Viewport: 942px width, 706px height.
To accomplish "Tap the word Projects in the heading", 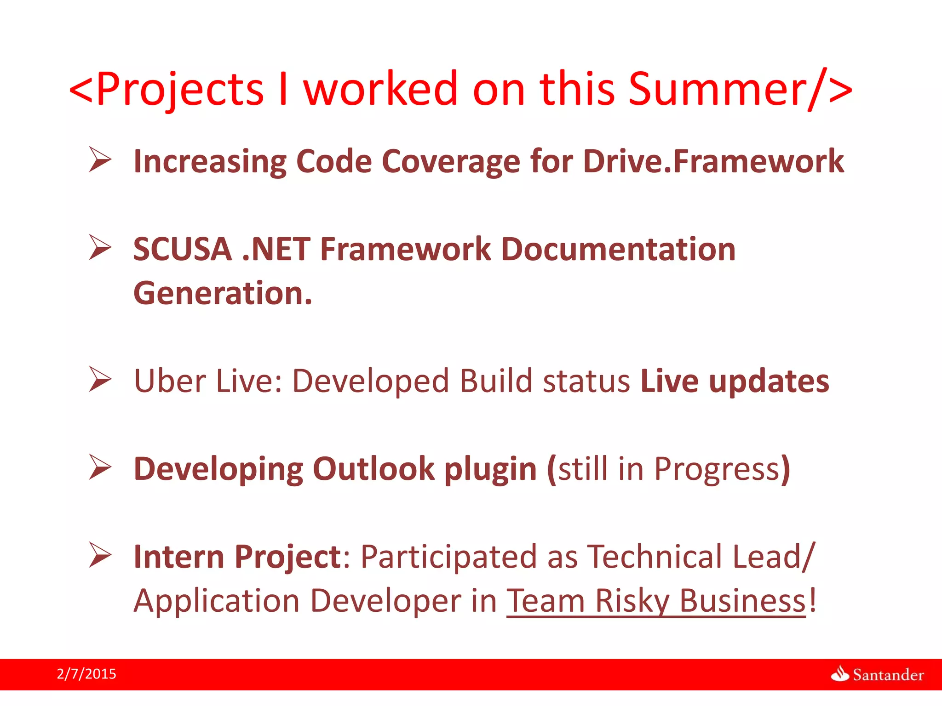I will pyautogui.click(x=180, y=90).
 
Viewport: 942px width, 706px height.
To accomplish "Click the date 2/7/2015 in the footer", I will pyautogui.click(x=86, y=674).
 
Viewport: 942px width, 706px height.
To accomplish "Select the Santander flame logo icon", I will pyautogui.click(x=840, y=674).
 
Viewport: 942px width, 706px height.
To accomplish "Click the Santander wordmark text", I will pyautogui.click(x=888, y=675).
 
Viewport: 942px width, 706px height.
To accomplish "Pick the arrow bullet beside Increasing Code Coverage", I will pyautogui.click(x=100, y=159).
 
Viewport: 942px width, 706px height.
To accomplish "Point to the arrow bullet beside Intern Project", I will pyautogui.click(x=100, y=555).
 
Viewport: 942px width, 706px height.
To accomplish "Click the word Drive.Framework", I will pyautogui.click(x=713, y=161).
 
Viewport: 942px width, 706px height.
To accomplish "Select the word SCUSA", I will pyautogui.click(x=182, y=249).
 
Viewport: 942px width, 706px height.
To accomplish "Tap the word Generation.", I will pyautogui.click(x=223, y=293).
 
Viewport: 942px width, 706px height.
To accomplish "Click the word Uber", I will pyautogui.click(x=170, y=381).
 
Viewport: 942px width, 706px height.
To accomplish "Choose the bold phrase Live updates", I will pyautogui.click(x=735, y=381).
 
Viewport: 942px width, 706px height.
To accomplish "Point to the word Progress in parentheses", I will pyautogui.click(x=717, y=469).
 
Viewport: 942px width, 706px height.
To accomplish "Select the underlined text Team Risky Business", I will pyautogui.click(x=656, y=601).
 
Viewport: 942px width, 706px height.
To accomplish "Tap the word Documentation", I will pyautogui.click(x=618, y=249).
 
